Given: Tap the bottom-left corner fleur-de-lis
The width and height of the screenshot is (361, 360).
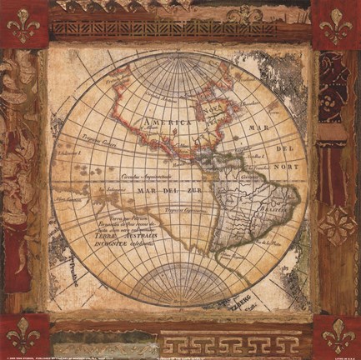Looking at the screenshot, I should coord(23,336).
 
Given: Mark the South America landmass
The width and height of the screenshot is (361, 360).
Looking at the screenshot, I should coord(254,208).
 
